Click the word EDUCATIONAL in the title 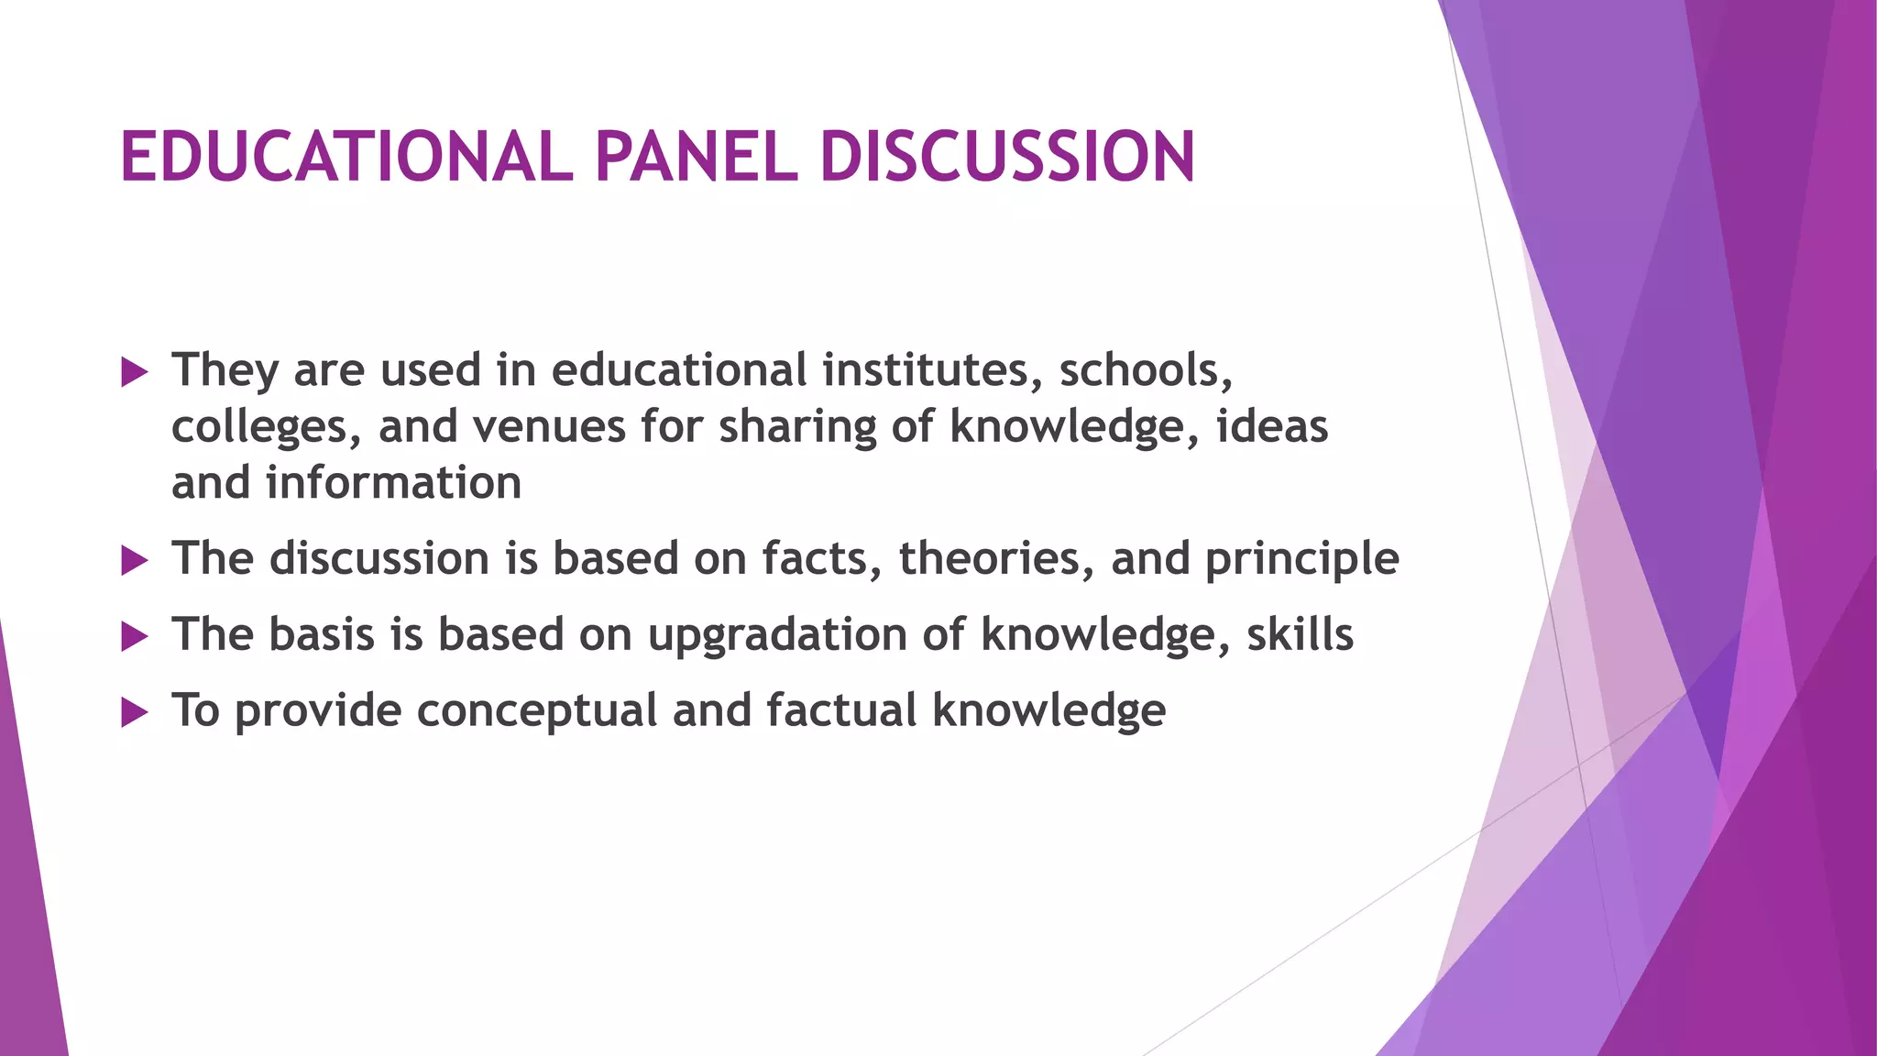(x=346, y=156)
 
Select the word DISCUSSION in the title (x=1007, y=156)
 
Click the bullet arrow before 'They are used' (x=134, y=372)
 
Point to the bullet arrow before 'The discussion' (x=134, y=561)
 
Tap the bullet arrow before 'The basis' (x=134, y=637)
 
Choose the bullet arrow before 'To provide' (x=134, y=712)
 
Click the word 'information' (x=393, y=483)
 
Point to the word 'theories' (x=995, y=558)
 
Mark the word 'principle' (x=1301, y=560)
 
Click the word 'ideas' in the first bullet (x=1271, y=426)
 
